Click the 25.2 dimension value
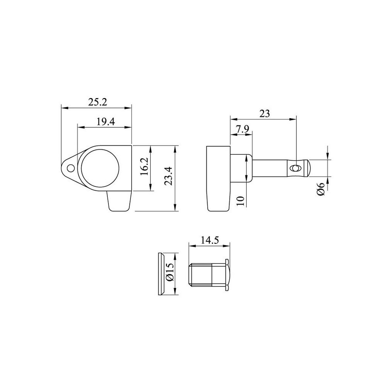(98, 102)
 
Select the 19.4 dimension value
(105, 122)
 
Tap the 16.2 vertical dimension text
(144, 167)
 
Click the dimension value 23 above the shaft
(265, 114)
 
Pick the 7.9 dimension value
(243, 129)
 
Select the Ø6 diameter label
(321, 189)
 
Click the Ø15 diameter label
(170, 272)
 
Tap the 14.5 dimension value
(210, 240)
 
